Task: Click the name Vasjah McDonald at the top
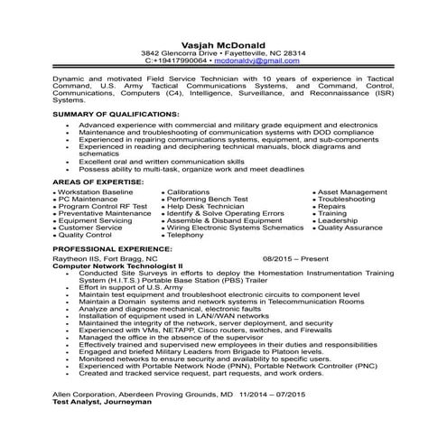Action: tap(223, 42)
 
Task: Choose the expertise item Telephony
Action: tap(186, 235)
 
